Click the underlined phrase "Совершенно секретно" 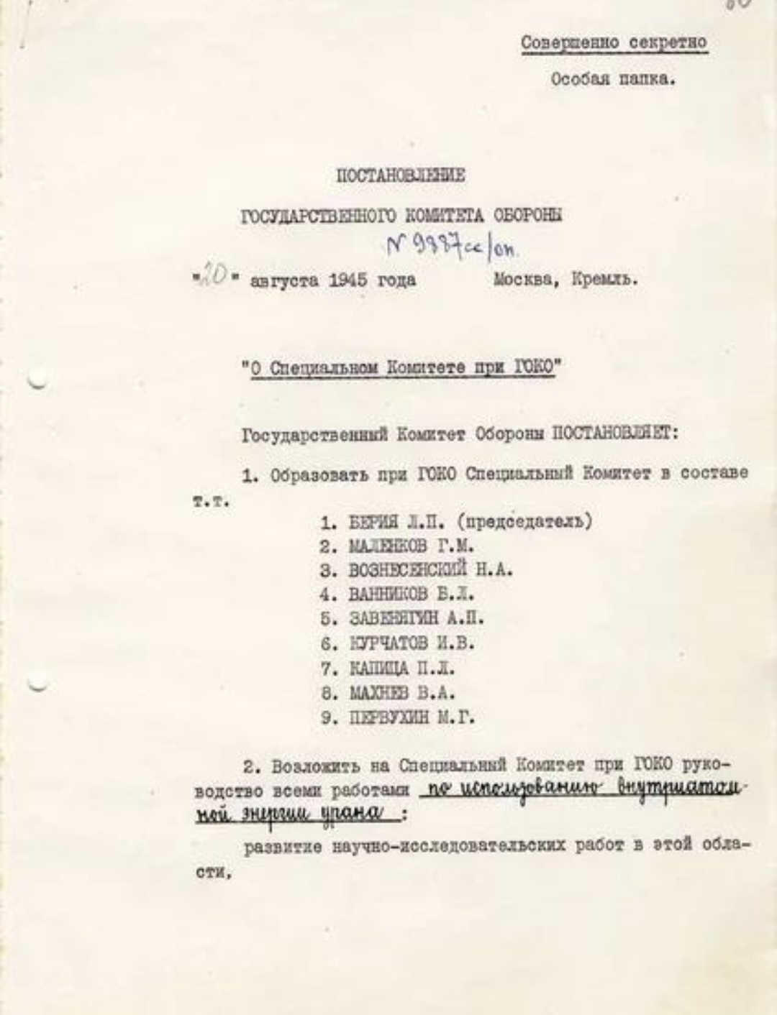click(x=614, y=43)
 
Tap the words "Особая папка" click(x=612, y=79)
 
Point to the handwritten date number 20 click(x=214, y=277)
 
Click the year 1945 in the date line click(x=353, y=280)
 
